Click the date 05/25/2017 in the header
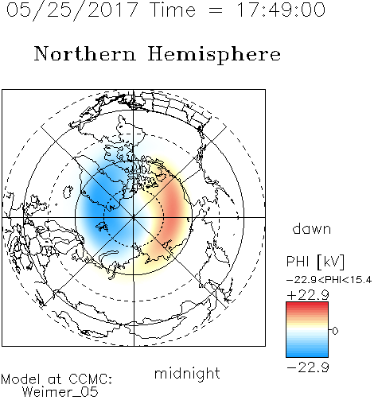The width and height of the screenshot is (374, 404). [x=72, y=10]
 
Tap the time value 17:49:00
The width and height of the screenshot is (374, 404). [x=281, y=10]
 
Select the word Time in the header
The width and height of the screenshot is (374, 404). [x=173, y=10]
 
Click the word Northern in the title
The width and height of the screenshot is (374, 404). [x=85, y=53]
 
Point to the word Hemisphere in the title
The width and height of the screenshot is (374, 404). [x=214, y=55]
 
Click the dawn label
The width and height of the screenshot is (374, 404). [x=312, y=229]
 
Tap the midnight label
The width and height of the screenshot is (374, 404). [x=187, y=374]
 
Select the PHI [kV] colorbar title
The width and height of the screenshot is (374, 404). [x=315, y=262]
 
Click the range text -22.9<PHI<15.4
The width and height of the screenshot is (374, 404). [x=329, y=280]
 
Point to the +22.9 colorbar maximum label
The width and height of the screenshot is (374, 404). [x=308, y=295]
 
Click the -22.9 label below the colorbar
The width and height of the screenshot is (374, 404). [x=308, y=367]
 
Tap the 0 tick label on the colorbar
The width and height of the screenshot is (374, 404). [x=335, y=331]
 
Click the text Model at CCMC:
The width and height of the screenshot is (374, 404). [x=56, y=379]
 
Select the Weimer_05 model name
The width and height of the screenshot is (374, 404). [x=60, y=392]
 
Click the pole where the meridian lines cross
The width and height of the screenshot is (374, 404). [x=134, y=217]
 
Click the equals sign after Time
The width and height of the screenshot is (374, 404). [x=216, y=10]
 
